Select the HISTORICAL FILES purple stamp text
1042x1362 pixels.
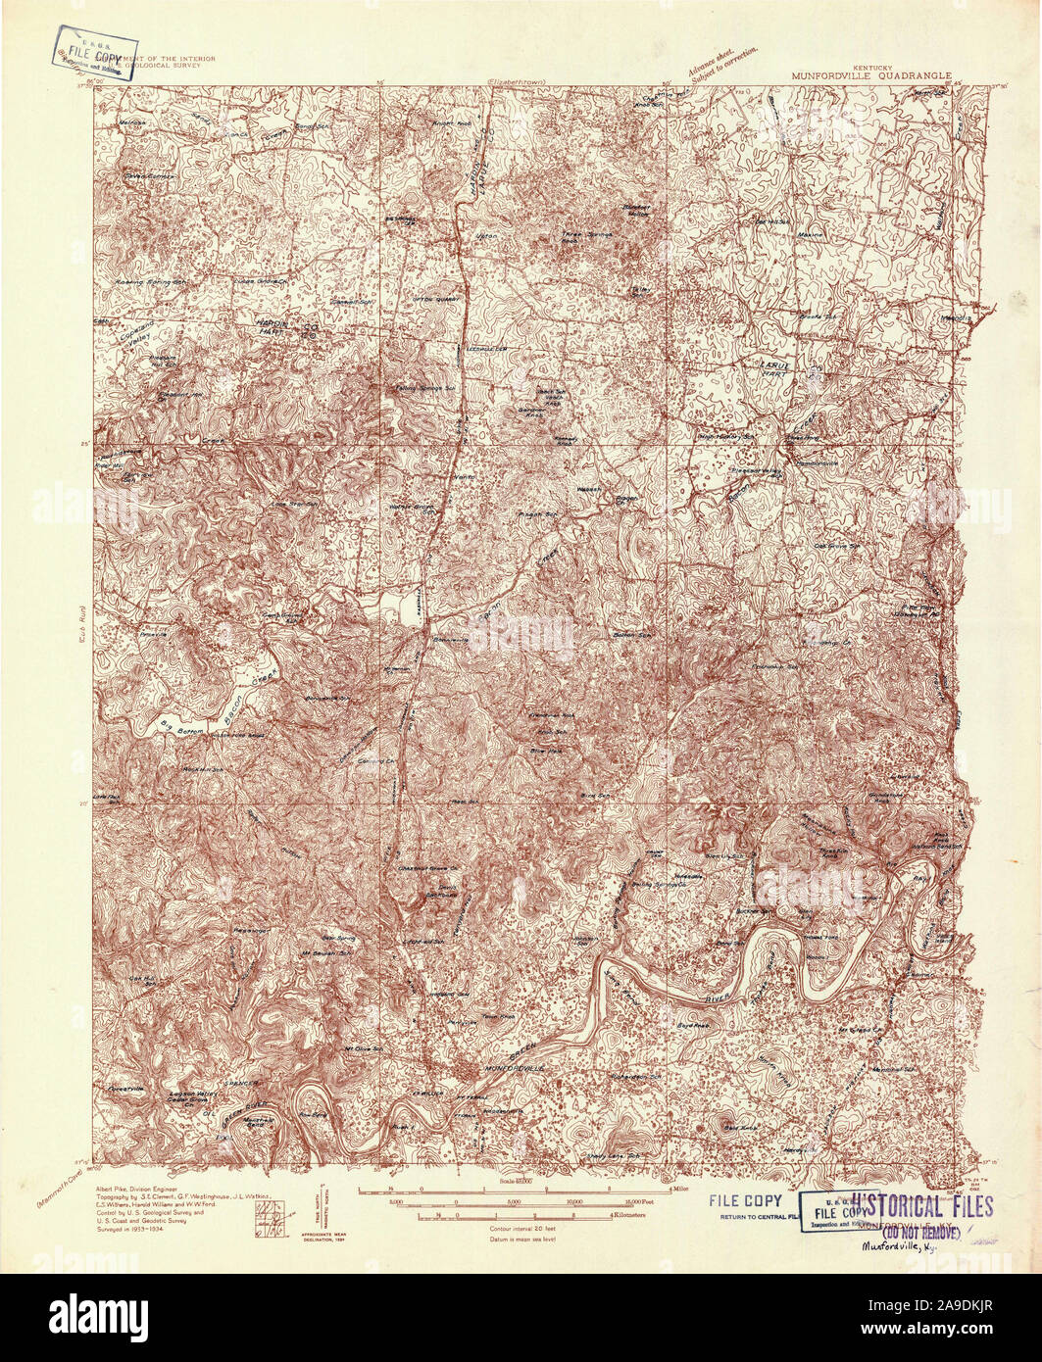tap(921, 1207)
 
